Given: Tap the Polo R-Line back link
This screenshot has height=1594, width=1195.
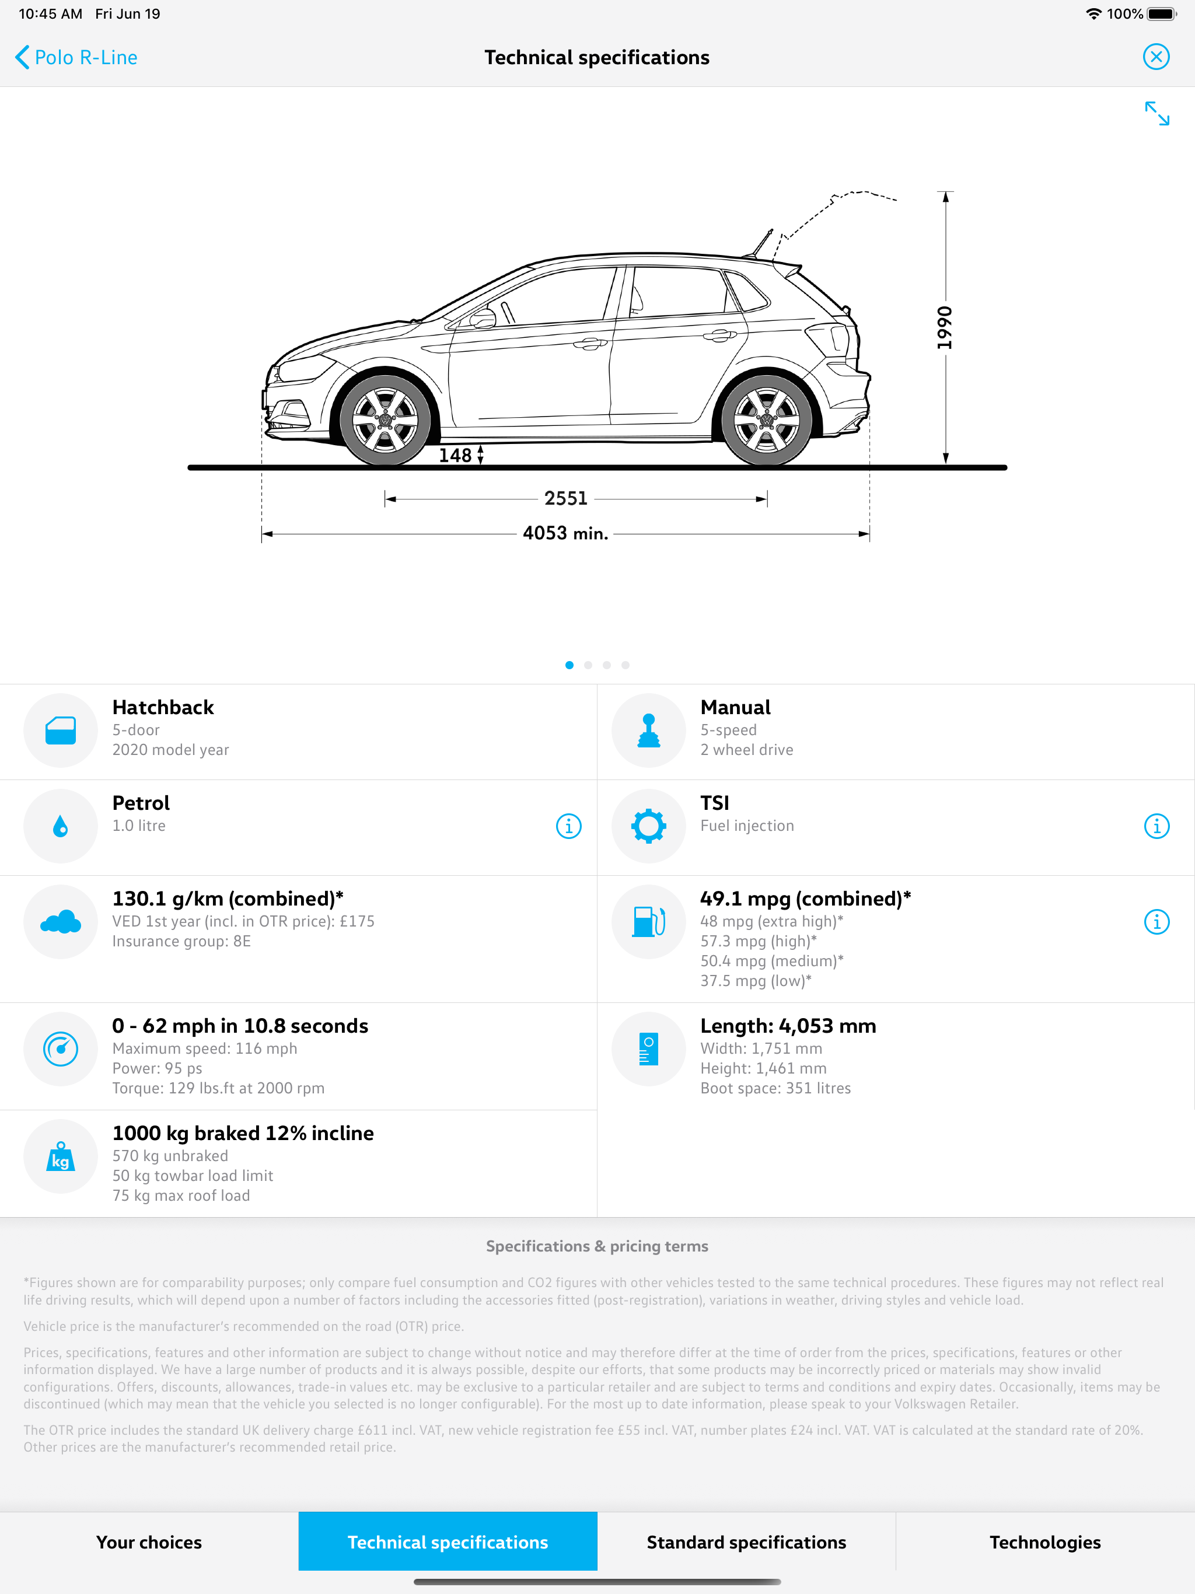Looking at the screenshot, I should tap(76, 58).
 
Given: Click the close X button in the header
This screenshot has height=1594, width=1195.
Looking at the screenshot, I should tap(1156, 57).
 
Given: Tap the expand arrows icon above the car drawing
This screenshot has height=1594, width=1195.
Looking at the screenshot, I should tap(1157, 114).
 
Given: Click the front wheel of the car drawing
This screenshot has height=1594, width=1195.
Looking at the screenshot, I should tap(385, 420).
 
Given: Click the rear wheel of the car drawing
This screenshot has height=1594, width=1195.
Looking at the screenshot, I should tap(766, 420).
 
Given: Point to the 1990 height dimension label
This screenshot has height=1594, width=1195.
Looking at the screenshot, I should tap(945, 328).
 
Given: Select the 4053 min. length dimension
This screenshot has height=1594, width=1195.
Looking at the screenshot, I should tap(566, 534).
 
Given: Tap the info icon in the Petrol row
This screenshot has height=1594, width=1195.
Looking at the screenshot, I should tap(569, 826).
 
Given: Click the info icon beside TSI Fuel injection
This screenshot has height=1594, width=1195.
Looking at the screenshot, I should tap(1157, 826).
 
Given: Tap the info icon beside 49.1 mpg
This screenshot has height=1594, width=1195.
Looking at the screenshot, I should tap(1157, 922).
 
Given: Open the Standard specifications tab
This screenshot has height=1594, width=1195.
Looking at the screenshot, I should tap(746, 1542).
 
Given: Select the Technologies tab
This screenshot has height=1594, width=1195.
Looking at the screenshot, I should tap(1045, 1542).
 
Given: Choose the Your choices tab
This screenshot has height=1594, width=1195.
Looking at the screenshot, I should tap(149, 1542).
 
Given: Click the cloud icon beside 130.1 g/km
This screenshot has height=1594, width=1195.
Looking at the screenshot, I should tap(61, 922).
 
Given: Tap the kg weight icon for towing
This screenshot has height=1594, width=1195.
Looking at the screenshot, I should tap(61, 1156).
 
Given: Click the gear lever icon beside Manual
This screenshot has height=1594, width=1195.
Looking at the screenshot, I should tap(649, 730).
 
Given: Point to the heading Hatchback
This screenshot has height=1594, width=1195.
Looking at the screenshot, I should tap(163, 708).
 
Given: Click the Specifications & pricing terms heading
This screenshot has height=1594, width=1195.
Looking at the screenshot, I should tap(597, 1246).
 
